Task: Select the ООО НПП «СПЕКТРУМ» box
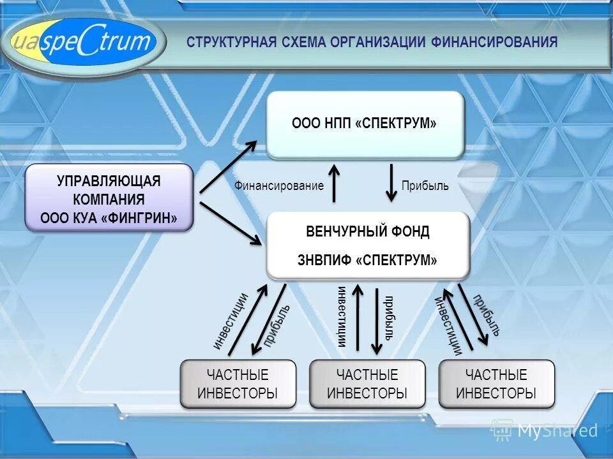pos(365,124)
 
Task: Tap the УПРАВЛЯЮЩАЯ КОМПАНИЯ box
pos(109,197)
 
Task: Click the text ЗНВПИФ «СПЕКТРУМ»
pos(367,260)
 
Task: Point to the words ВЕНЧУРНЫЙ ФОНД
pos(367,231)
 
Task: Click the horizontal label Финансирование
pos(279,186)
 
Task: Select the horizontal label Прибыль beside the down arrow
pos(425,186)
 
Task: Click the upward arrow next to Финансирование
pos(334,184)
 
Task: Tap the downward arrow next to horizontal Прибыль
pos(392,184)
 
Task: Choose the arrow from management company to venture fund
pos(230,224)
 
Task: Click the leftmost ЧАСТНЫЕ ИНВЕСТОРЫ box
pos(238,384)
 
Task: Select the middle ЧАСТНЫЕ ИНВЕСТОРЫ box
pos(367,384)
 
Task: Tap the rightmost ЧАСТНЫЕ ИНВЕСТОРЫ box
pos(496,384)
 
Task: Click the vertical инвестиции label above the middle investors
pos(342,317)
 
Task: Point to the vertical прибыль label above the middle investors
pos(389,317)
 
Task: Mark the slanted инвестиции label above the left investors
pos(231,321)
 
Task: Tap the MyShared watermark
pos(546,430)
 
